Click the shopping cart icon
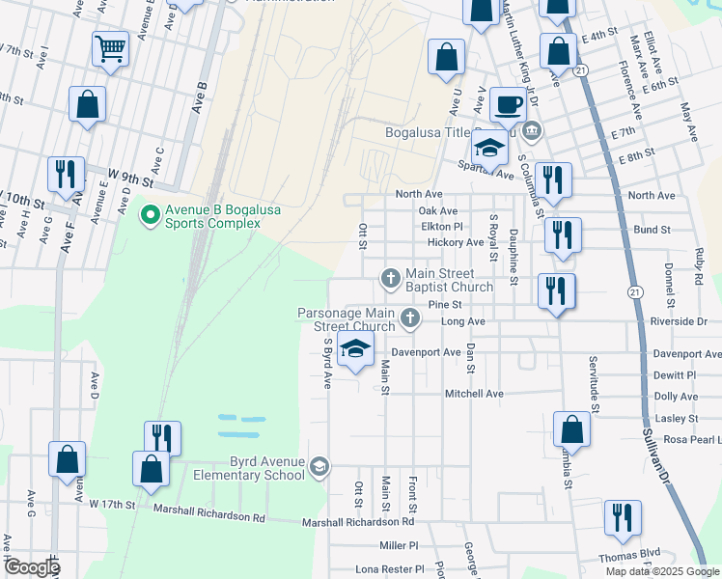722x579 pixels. [111, 47]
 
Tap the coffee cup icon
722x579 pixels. [508, 103]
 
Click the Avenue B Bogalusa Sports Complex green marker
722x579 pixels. [150, 214]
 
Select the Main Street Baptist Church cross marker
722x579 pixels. [391, 278]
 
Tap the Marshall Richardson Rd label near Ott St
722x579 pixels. [358, 522]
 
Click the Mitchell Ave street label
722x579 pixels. [474, 394]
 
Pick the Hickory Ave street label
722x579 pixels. [456, 242]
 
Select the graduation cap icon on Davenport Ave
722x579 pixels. [355, 350]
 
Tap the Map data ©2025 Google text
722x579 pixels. [662, 570]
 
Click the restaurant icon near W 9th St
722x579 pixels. [66, 175]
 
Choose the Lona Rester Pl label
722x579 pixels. [389, 569]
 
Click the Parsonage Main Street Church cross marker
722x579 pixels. [410, 317]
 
